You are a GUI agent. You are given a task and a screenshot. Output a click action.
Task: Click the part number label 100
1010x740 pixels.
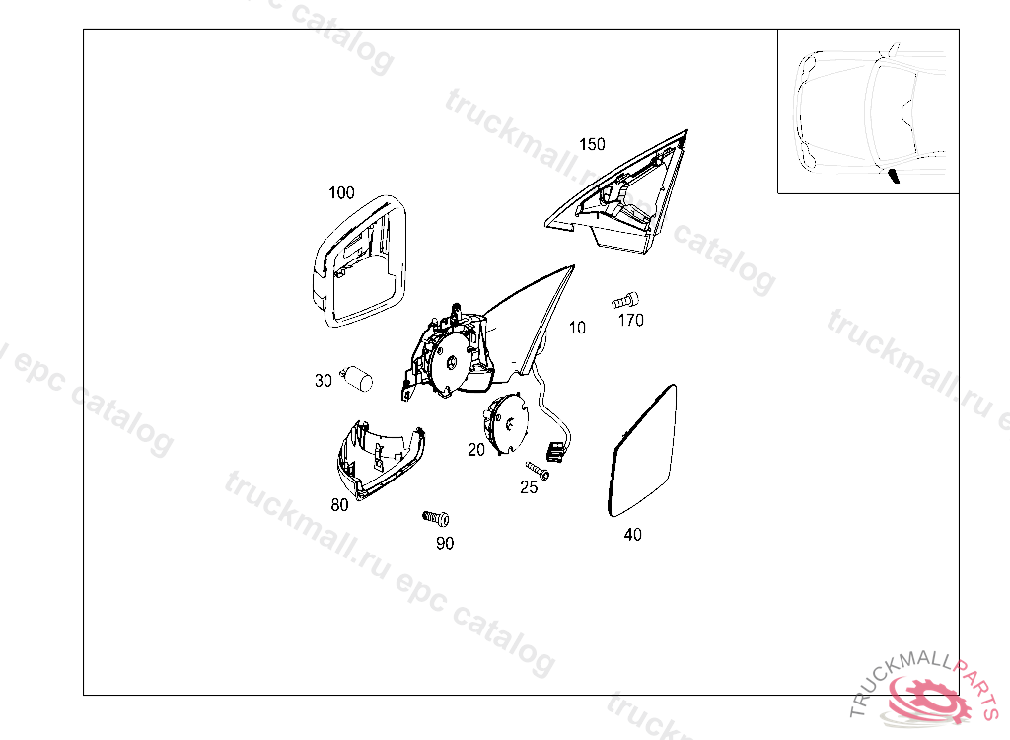tap(341, 192)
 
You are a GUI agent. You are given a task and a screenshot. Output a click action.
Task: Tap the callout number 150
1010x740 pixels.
tap(592, 144)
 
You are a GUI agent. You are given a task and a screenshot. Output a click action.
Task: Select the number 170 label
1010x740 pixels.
tap(630, 321)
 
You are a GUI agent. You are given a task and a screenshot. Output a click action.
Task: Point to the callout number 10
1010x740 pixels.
tap(577, 329)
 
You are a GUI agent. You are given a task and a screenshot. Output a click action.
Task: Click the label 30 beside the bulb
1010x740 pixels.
tap(324, 381)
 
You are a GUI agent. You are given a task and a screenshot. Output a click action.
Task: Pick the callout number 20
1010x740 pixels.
tap(476, 450)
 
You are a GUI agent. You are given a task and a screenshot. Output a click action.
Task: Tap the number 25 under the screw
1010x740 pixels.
tap(529, 487)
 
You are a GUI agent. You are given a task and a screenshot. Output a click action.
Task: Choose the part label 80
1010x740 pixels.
tap(339, 505)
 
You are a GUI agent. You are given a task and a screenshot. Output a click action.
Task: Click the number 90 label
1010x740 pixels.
tap(445, 544)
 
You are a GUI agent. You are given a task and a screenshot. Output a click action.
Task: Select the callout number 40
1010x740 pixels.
tap(632, 535)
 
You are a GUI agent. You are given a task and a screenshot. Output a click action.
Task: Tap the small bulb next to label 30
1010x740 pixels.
tap(357, 378)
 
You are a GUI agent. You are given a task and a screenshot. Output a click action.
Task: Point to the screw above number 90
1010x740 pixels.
tap(436, 518)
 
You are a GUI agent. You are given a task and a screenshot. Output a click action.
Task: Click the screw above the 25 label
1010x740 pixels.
tap(538, 471)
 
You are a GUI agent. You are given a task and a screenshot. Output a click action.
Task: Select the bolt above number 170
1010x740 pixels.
tap(624, 300)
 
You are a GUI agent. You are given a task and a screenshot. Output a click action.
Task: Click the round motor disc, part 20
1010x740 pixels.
tap(506, 423)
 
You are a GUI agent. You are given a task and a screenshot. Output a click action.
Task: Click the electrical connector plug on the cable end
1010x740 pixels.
tap(556, 452)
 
